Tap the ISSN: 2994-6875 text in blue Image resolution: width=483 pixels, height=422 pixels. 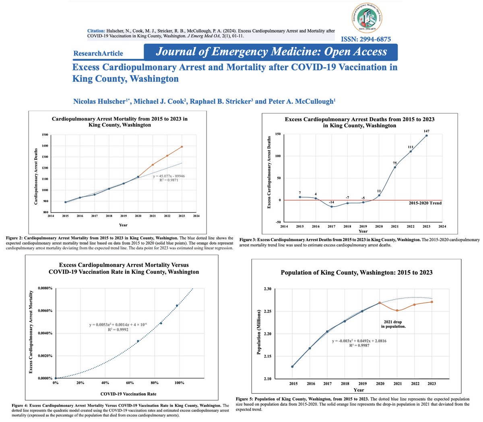point(365,39)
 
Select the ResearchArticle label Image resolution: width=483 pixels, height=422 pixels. point(98,53)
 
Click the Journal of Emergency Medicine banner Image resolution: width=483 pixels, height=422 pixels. point(271,52)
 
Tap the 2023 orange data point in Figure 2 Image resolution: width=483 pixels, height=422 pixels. point(182,147)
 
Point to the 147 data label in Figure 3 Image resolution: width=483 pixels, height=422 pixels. point(426,131)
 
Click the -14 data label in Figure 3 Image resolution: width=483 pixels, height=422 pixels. point(332,201)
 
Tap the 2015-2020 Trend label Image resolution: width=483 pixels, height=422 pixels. point(425,203)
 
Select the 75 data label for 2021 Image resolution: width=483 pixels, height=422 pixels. point(395,163)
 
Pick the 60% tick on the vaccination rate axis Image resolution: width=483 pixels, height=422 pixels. point(130,383)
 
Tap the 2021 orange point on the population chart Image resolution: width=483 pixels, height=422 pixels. point(397,310)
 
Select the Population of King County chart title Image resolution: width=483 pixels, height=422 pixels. point(356,273)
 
